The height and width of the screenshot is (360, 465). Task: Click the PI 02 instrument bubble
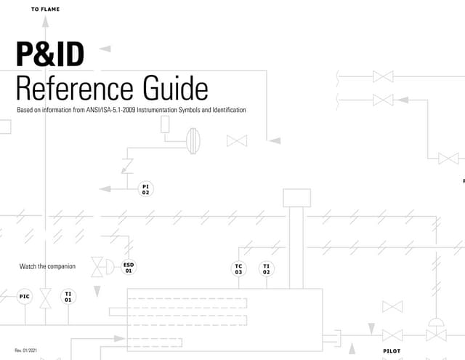click(146, 189)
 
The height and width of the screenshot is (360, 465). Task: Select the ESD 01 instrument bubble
click(129, 267)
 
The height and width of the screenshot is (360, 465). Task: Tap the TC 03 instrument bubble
click(238, 268)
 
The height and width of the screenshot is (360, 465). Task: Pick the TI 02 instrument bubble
click(267, 268)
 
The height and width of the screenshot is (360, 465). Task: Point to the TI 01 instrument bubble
click(68, 296)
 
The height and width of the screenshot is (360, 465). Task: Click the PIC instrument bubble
click(25, 296)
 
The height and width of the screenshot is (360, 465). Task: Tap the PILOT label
click(392, 351)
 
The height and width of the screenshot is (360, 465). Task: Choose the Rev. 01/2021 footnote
click(26, 351)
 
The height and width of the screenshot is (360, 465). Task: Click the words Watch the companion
click(47, 266)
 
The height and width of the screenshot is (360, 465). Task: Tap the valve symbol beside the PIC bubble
click(46, 297)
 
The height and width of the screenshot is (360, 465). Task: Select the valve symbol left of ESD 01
click(97, 267)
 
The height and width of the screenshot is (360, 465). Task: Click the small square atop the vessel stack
click(296, 197)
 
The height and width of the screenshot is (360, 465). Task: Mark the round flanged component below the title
click(193, 140)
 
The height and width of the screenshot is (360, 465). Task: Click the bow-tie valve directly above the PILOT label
click(392, 335)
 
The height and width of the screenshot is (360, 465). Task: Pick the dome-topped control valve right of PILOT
click(437, 331)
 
